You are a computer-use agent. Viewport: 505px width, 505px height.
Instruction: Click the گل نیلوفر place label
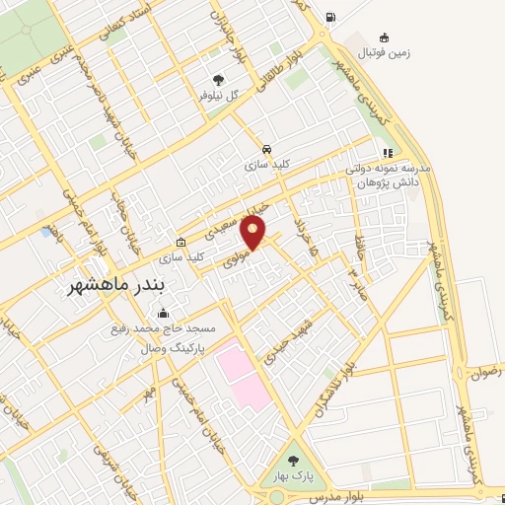[x=219, y=95]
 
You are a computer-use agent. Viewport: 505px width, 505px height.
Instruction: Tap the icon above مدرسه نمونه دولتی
[x=388, y=153]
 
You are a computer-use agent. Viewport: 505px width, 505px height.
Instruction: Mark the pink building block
[x=243, y=374]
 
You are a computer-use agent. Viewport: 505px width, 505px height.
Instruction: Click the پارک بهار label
[x=293, y=476]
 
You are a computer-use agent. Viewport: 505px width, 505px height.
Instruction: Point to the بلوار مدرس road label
[x=331, y=496]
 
